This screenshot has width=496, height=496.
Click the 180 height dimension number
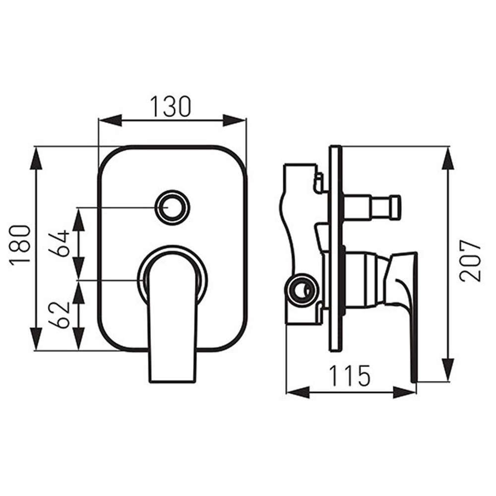point(21,246)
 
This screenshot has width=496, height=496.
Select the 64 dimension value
point(61,243)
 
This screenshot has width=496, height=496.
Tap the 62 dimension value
point(61,314)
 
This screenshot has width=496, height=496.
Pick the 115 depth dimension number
point(351,376)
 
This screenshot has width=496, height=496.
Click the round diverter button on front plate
point(172,206)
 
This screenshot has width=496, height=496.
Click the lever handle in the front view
point(172,317)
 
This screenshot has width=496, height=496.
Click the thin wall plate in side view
point(335,248)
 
